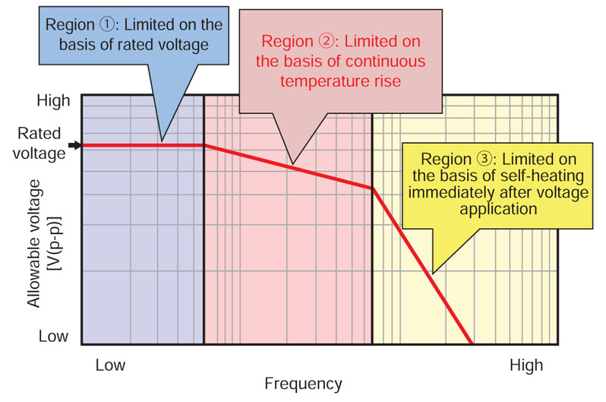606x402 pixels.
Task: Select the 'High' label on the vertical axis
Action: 53,100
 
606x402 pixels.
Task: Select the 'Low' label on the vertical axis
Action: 54,336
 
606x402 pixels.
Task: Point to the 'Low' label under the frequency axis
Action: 110,366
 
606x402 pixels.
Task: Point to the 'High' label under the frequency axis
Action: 526,366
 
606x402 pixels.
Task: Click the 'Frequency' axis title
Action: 303,384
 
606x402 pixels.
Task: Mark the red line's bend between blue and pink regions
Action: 204,145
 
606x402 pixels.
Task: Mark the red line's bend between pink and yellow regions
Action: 372,188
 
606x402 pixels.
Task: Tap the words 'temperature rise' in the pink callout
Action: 340,78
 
